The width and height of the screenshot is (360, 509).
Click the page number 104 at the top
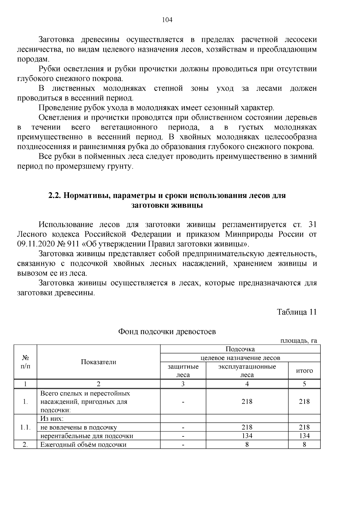click(167, 20)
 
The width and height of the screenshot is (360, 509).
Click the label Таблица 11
click(297, 312)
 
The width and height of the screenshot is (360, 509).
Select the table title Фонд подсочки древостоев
click(167, 332)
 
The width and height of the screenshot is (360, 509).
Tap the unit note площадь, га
click(298, 341)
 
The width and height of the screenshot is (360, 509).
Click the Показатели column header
click(98, 362)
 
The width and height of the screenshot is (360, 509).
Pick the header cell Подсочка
click(240, 349)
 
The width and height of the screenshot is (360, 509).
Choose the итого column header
click(304, 371)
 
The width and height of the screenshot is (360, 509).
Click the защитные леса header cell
click(183, 371)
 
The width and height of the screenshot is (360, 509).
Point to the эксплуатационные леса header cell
click(247, 371)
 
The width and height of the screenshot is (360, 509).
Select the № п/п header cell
click(25, 362)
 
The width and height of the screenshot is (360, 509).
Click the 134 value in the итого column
click(304, 436)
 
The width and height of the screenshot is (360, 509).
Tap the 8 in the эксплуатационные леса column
click(247, 445)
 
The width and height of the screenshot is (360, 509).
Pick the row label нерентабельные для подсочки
click(87, 436)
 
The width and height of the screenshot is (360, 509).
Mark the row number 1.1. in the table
click(25, 427)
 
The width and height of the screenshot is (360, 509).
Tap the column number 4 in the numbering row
click(247, 384)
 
